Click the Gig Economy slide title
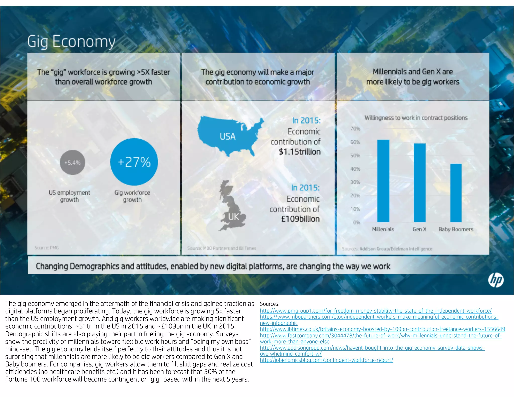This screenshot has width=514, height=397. coord(71,42)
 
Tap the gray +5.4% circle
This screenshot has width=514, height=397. coord(73,162)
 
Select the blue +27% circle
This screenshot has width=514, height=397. coord(134,162)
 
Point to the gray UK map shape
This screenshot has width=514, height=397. coord(231,206)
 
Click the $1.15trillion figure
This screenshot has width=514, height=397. coord(300,152)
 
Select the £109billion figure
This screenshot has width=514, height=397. coord(300,219)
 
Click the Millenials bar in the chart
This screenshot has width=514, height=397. coord(383,181)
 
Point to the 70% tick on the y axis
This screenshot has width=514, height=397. coord(355,129)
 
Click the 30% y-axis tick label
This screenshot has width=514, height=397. coord(355,182)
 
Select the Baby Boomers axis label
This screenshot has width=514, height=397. coord(456,229)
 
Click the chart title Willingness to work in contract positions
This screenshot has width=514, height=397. coord(416,118)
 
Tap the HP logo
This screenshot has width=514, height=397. coord(496,280)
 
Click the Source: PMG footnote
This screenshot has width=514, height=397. coord(47,248)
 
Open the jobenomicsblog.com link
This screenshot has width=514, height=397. coord(326,360)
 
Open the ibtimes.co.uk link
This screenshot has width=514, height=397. coord(382,329)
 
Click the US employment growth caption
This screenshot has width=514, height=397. coord(69,196)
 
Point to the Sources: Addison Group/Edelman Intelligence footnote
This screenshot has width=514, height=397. coord(387,249)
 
